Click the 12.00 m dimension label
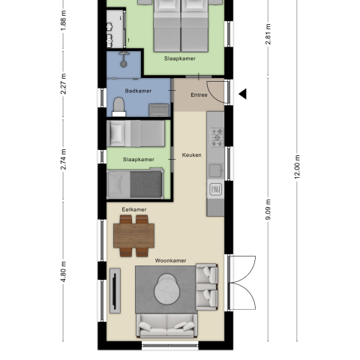click(x=298, y=166)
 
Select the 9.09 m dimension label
click(x=268, y=209)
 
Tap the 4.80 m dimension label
click(x=64, y=271)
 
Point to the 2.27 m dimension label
click(x=64, y=85)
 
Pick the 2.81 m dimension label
click(x=268, y=34)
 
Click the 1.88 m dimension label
click(x=63, y=21)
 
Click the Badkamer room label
click(x=138, y=91)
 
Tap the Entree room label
click(x=199, y=94)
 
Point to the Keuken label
click(x=191, y=154)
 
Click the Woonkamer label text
click(x=170, y=261)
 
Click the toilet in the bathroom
click(x=118, y=104)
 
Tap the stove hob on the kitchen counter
click(x=216, y=136)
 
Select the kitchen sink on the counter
click(x=215, y=189)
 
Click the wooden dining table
click(x=133, y=235)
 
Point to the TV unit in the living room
click(x=115, y=291)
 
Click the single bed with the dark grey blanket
click(x=135, y=183)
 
